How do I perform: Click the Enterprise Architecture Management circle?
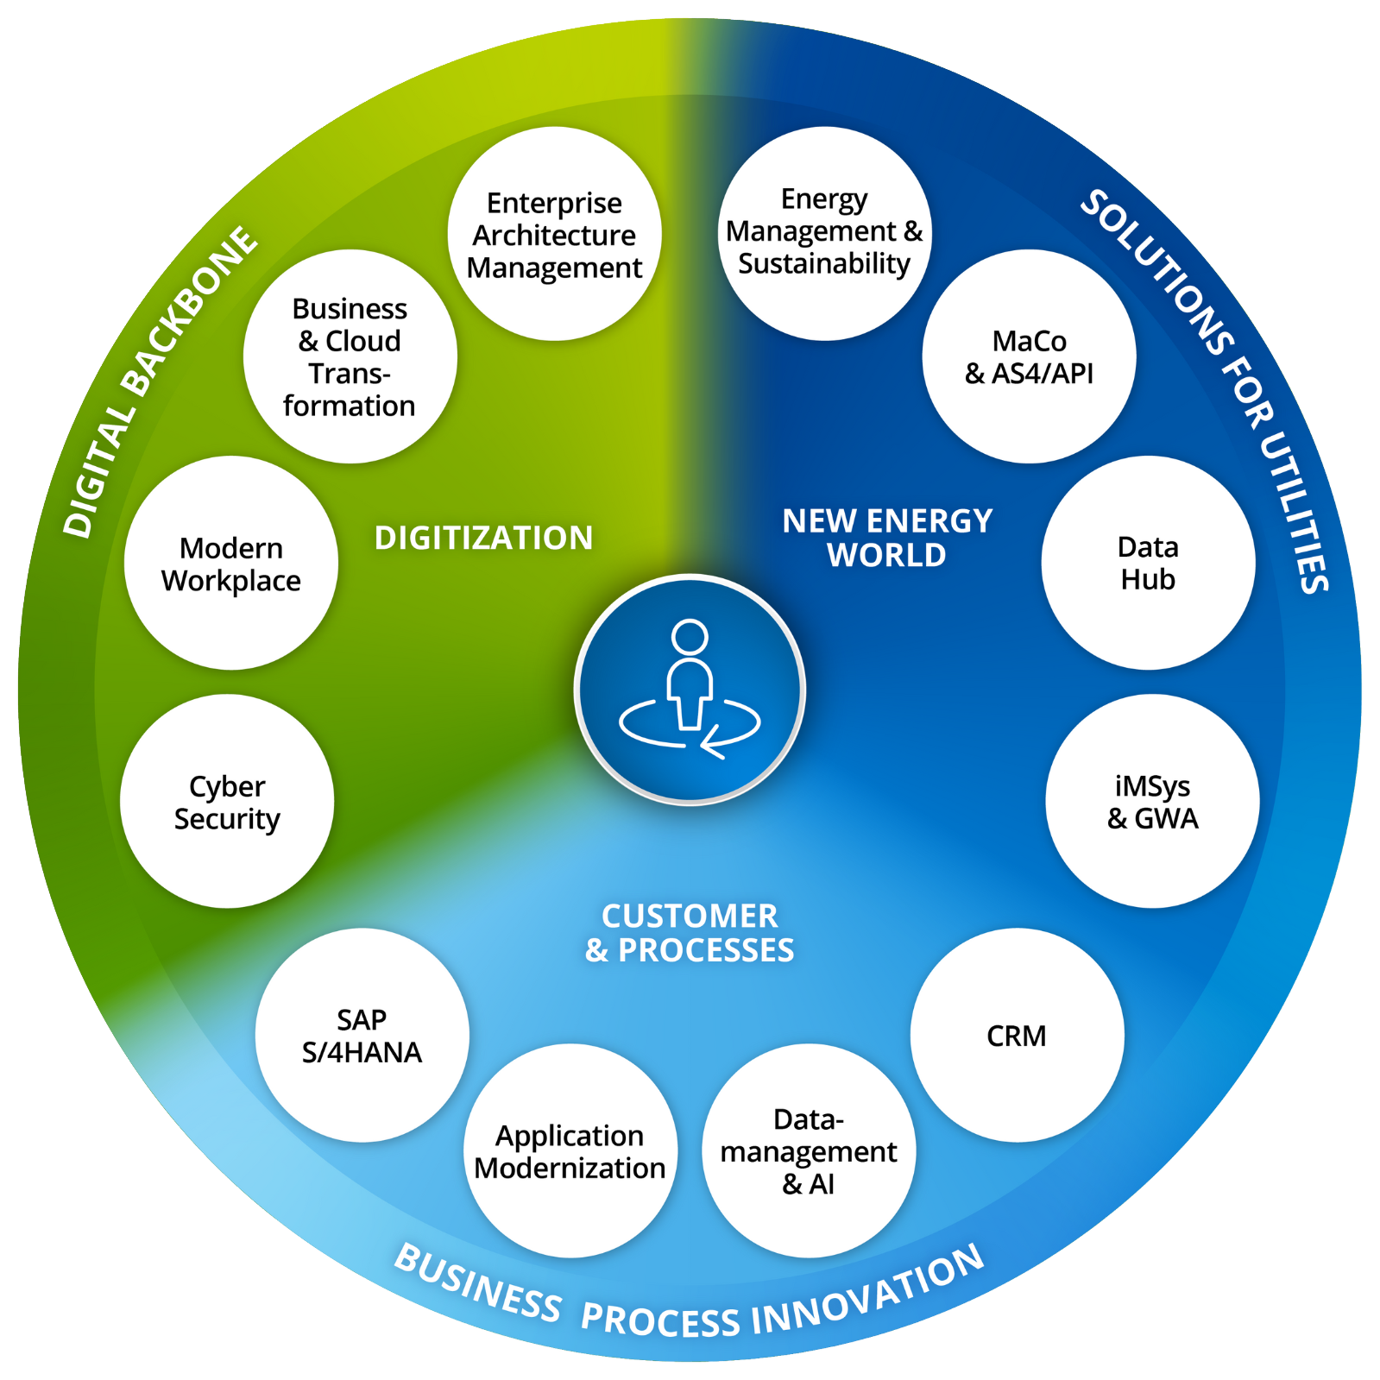tap(554, 234)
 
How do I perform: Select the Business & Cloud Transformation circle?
tap(350, 356)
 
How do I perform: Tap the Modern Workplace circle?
tap(231, 563)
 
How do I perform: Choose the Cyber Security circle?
tap(227, 801)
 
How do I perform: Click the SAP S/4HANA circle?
tap(362, 1035)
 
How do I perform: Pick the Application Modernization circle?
tap(570, 1150)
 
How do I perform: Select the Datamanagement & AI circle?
tap(809, 1150)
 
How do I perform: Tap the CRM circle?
tap(1017, 1035)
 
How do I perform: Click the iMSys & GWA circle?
tap(1152, 801)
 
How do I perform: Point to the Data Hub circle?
tap(1148, 563)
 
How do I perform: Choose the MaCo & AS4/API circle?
tap(1029, 356)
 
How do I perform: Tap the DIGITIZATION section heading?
tap(483, 538)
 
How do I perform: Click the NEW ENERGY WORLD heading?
tap(887, 538)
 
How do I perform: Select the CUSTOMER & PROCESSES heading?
tap(689, 933)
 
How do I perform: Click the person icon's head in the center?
tap(690, 637)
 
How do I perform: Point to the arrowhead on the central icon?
tap(709, 743)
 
